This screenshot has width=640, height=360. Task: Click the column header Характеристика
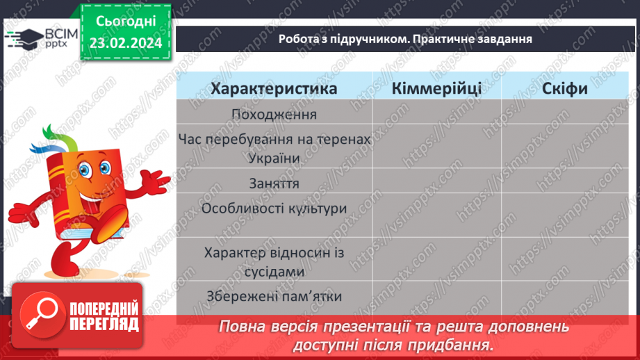274,88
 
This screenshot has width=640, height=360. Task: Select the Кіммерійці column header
436,88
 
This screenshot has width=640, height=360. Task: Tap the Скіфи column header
566,88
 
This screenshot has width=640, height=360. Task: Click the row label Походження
274,114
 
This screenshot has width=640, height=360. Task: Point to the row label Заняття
274,183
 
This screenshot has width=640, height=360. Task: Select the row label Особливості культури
274,208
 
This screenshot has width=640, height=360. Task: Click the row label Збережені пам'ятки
274,295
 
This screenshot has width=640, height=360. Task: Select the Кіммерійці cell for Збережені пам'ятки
436,295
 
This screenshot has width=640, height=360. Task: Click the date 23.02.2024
124,44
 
